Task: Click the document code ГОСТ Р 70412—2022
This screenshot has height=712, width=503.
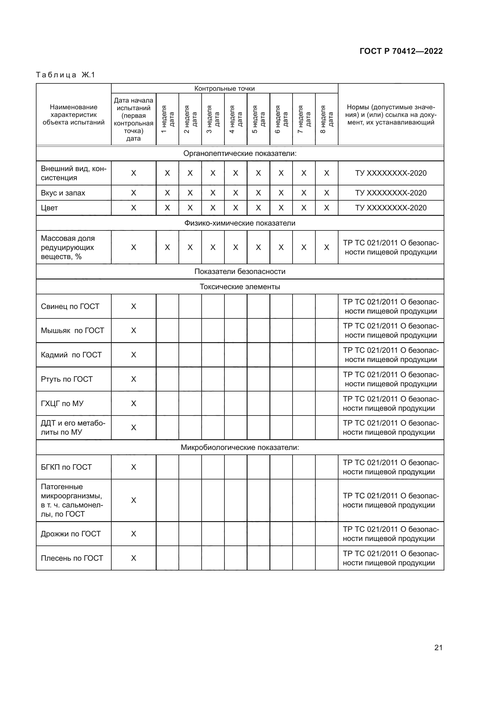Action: [x=401, y=51]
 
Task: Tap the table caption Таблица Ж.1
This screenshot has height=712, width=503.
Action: [x=65, y=75]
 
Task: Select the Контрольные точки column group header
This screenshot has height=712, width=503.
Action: [x=224, y=89]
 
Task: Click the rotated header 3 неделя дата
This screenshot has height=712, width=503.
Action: [x=213, y=119]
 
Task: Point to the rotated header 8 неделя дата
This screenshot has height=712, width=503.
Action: [x=326, y=119]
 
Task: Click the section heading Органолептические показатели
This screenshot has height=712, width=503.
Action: [x=240, y=153]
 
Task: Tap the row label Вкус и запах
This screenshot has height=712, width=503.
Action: [x=63, y=193]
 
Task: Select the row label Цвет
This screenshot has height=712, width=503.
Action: [x=49, y=208]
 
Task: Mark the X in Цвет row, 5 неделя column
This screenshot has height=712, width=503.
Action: [x=258, y=208]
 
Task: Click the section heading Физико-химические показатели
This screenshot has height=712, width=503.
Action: [x=240, y=223]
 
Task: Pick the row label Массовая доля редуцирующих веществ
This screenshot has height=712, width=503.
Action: [x=68, y=247]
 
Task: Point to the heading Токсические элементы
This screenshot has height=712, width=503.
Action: [x=240, y=286]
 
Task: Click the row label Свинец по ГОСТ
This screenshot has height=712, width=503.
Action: [x=70, y=307]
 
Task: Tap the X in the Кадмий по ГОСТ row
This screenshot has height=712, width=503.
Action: [x=134, y=355]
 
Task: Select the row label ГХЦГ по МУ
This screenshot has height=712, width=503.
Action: [x=62, y=403]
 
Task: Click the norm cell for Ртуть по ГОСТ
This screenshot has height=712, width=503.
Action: [x=390, y=379]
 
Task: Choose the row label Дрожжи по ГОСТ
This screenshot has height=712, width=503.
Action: [x=71, y=534]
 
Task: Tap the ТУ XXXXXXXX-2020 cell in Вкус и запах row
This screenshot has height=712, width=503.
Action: [x=390, y=193]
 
